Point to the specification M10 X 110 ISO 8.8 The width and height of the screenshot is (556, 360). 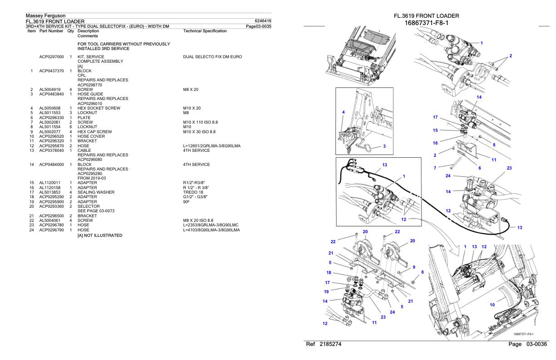click(x=203, y=122)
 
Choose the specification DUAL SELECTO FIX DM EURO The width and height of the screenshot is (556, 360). click(x=212, y=57)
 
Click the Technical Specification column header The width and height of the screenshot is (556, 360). click(x=204, y=30)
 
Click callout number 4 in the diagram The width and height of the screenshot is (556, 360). click(x=343, y=112)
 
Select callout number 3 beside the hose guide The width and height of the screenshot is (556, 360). click(x=384, y=146)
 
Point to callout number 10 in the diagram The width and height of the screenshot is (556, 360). click(x=491, y=305)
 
